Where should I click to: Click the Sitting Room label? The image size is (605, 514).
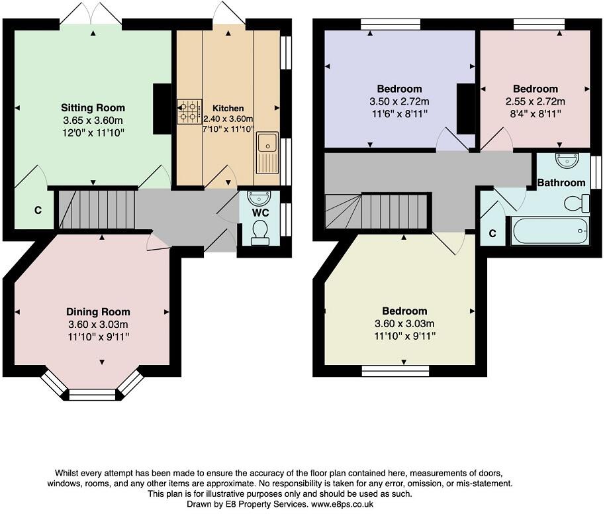93,107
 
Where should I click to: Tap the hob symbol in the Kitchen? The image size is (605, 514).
189,111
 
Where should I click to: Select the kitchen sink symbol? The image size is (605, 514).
268,152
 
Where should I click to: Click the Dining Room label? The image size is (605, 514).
98,311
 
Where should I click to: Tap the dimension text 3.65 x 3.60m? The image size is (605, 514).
93,120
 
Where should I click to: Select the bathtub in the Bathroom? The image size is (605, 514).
549,231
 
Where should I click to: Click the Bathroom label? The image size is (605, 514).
561,182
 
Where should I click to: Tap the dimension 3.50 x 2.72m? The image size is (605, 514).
399,101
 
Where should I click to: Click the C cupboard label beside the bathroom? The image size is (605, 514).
492,233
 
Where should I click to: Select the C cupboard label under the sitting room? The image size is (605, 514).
38,211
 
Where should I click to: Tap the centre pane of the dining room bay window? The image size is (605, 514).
92,395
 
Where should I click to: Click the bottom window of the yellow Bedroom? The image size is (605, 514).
395,370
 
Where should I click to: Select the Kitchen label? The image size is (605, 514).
228,108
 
